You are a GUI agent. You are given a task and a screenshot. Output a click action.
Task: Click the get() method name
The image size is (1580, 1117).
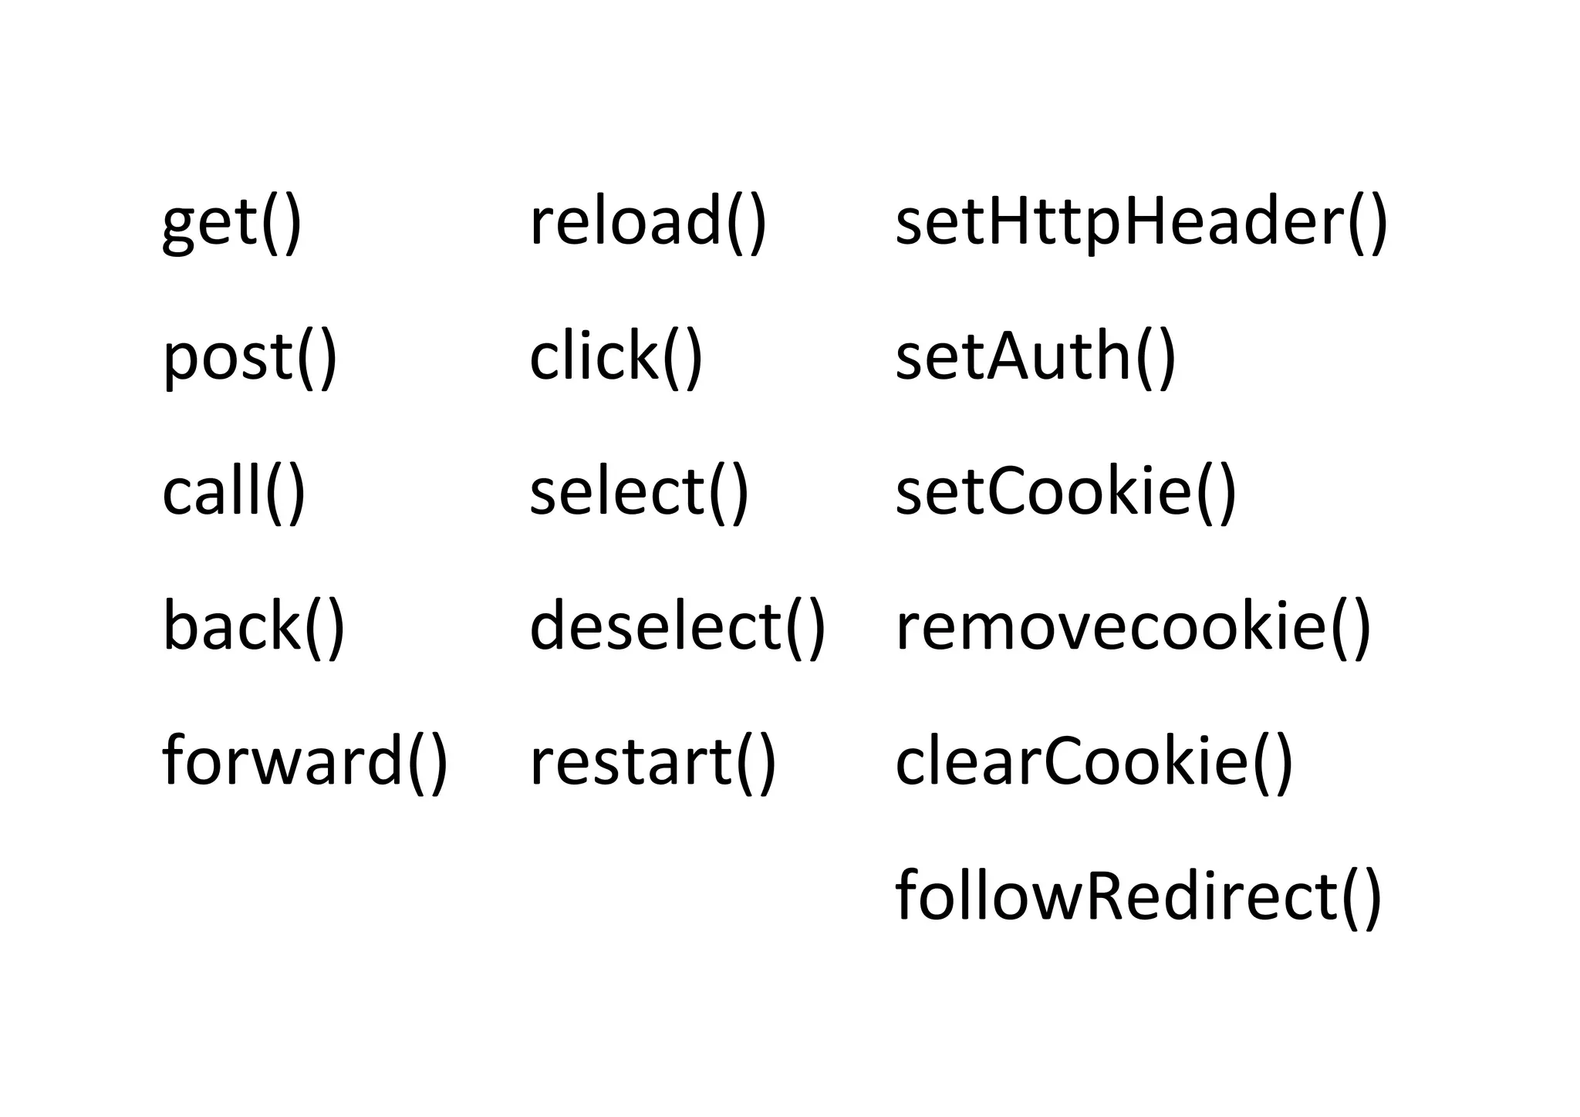(231, 224)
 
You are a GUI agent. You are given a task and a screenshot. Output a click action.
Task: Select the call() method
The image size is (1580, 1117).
(234, 492)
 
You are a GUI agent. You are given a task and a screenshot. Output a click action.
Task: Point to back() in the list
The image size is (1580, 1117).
(253, 626)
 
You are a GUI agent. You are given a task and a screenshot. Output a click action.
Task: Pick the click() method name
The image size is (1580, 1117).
(616, 357)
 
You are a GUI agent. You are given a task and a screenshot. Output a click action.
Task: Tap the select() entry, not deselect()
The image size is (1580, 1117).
(639, 492)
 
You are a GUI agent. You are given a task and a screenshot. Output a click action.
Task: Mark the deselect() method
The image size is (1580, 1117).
(677, 626)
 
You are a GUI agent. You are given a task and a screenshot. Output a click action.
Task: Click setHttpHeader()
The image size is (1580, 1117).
(1141, 224)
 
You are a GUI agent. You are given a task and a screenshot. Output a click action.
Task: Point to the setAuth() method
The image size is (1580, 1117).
(1035, 357)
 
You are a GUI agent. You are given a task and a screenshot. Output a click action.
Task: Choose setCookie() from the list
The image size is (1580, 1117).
(1065, 492)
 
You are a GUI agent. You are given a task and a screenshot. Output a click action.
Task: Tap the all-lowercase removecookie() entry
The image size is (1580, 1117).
(1133, 626)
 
